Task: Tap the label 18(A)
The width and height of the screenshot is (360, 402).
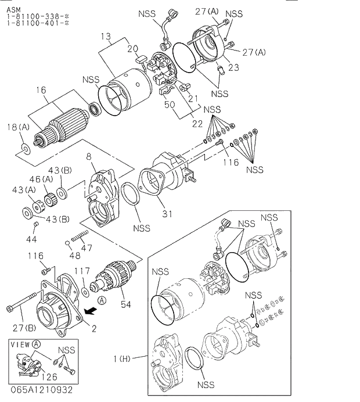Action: [x=18, y=127]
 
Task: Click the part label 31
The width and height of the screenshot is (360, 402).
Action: [x=167, y=214]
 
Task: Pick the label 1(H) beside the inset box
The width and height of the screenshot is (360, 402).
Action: [x=124, y=360]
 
